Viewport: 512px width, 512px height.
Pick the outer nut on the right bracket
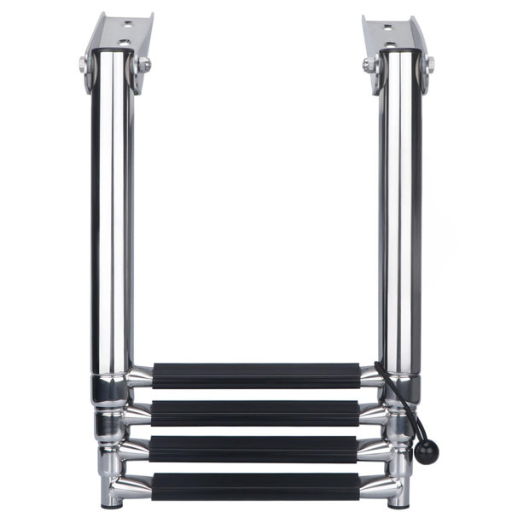429,64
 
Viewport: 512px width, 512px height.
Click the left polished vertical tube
112,213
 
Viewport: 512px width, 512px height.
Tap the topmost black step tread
256,375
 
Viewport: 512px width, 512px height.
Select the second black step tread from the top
256,410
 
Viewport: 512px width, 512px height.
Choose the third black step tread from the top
256,446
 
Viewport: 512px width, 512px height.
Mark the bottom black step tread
256,483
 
